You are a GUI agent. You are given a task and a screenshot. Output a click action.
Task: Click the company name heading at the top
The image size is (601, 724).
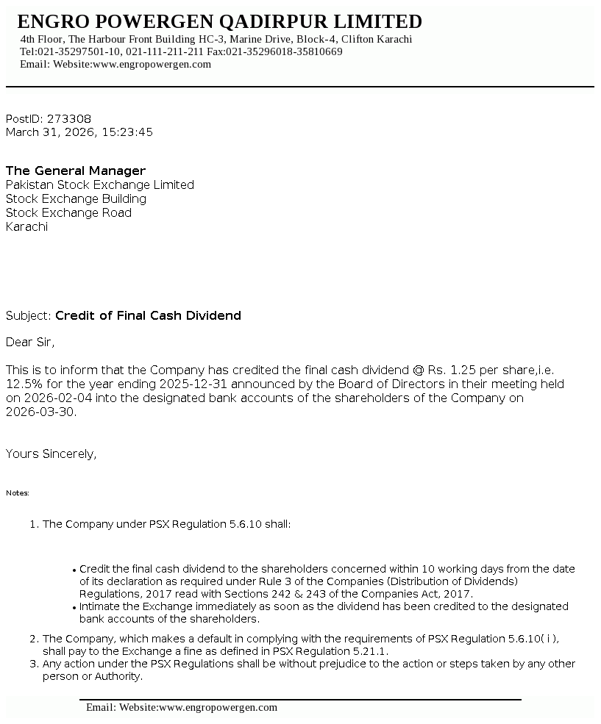click(219, 21)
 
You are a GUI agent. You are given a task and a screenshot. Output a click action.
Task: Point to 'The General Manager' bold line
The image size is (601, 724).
click(76, 171)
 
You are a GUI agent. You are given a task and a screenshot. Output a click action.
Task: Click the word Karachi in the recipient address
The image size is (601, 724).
click(26, 227)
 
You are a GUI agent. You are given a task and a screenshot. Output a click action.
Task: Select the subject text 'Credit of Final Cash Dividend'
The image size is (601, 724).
click(148, 316)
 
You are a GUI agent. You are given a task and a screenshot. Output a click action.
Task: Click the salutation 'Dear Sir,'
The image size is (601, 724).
click(30, 342)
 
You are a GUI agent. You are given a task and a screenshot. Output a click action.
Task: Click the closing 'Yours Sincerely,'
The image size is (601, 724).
click(51, 454)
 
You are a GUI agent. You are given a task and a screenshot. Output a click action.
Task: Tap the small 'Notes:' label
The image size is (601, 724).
click(18, 493)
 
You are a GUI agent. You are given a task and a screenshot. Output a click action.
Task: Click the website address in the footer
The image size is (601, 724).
click(218, 708)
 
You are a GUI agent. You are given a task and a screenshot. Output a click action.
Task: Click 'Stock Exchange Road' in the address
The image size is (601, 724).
click(68, 213)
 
